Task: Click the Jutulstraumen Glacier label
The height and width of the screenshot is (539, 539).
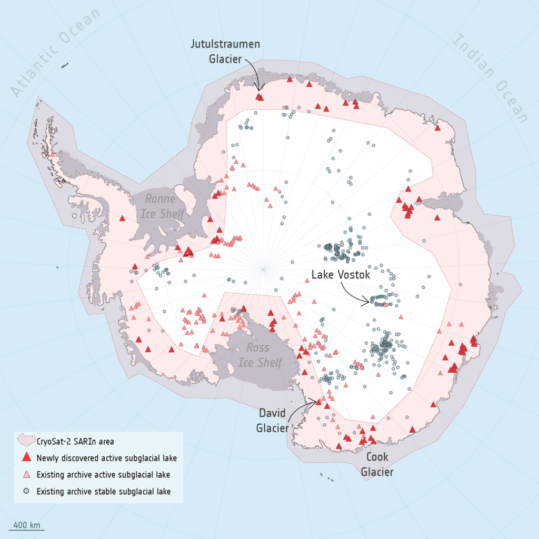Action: tap(225, 51)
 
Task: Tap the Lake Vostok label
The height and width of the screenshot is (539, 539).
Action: tap(341, 275)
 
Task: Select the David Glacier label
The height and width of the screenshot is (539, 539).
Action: tap(273, 420)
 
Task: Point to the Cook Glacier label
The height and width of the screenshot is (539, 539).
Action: tap(377, 464)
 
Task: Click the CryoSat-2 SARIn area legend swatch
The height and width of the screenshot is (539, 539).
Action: tap(26, 441)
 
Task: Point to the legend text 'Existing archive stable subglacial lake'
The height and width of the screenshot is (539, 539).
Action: tap(103, 492)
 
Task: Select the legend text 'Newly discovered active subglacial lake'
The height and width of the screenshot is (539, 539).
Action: tap(106, 458)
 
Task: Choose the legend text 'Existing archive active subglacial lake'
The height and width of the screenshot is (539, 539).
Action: tap(103, 475)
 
